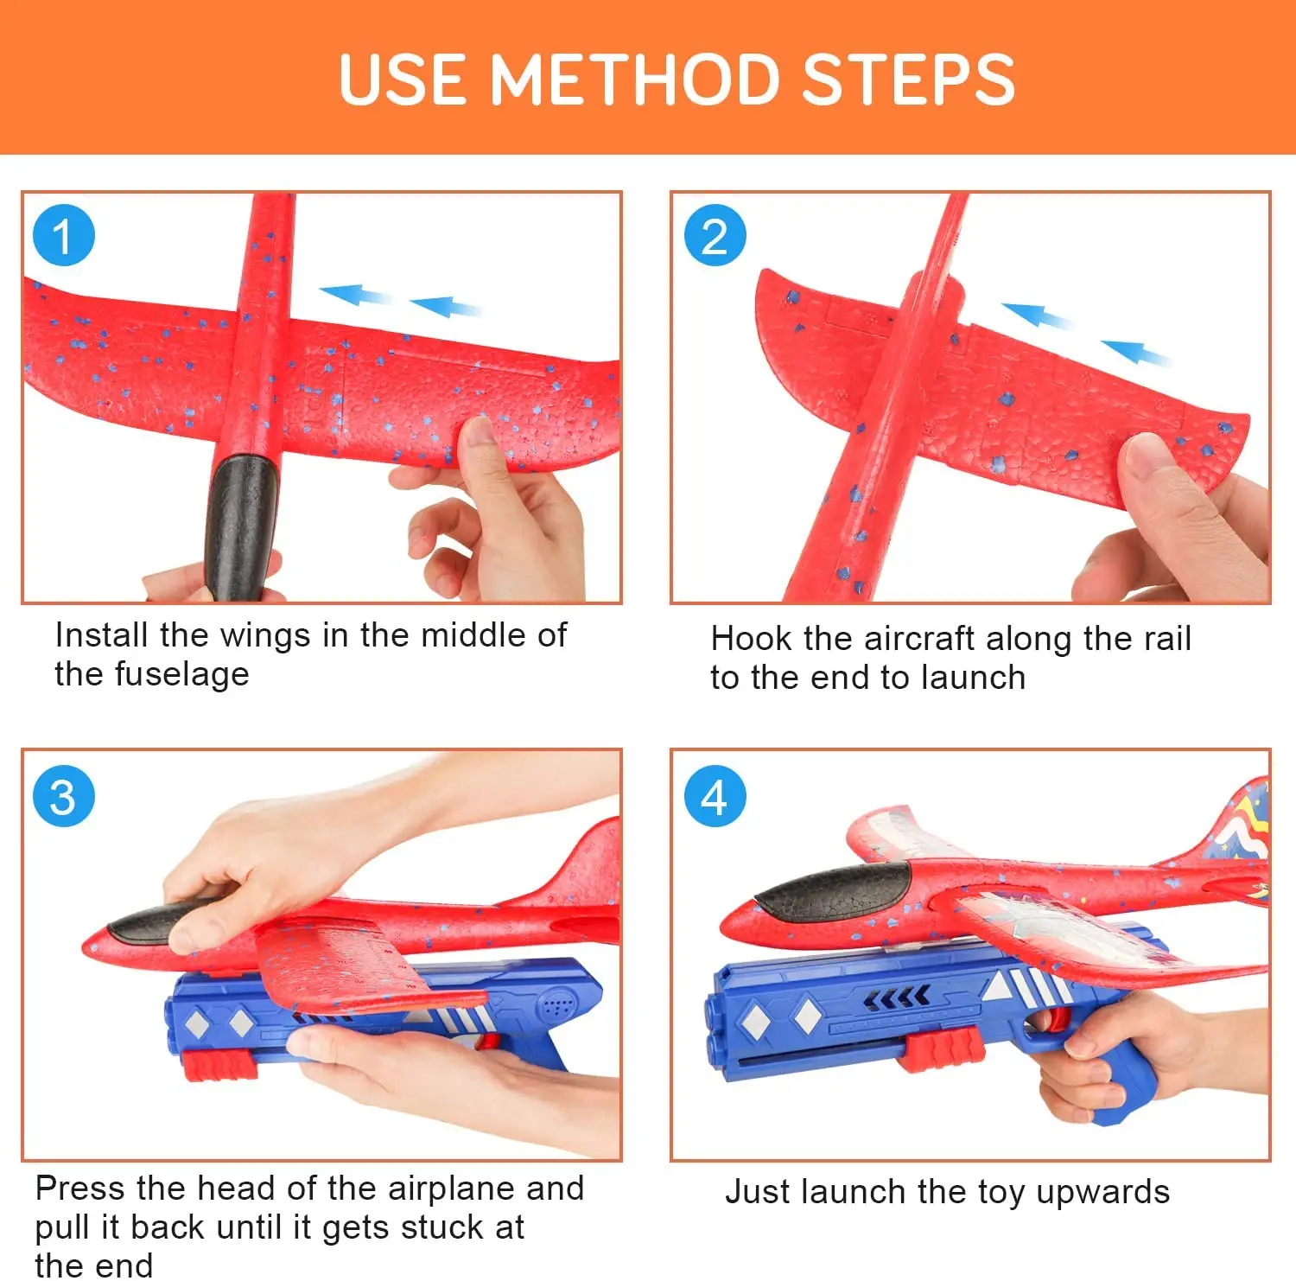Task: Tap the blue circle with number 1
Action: (x=63, y=236)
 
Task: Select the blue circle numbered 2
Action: (x=715, y=236)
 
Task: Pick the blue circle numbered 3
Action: (x=63, y=796)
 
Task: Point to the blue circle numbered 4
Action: (x=715, y=796)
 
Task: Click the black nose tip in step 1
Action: (x=241, y=527)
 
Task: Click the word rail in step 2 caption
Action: (x=1166, y=639)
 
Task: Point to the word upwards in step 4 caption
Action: (x=1103, y=1192)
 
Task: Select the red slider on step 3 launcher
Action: (x=220, y=1065)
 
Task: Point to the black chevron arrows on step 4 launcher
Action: (x=896, y=998)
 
